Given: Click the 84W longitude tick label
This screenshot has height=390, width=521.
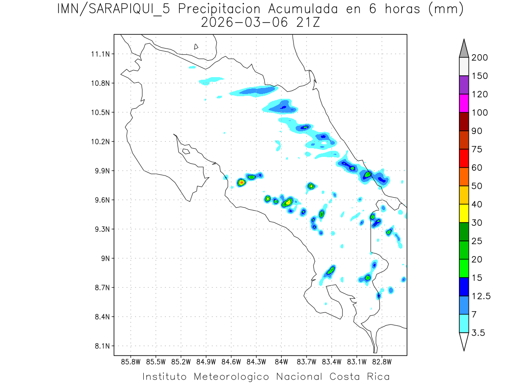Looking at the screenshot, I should click(281, 361).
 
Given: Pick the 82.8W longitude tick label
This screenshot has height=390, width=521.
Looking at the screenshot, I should click(382, 361).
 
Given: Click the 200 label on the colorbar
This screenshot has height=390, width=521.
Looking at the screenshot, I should click(480, 58).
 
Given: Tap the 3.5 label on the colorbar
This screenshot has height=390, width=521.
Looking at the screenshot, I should click(478, 333).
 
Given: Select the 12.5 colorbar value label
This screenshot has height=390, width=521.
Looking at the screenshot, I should click(481, 296).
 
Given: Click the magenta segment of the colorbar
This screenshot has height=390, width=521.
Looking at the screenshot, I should click(464, 104).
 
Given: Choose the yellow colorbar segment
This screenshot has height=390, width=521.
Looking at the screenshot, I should click(464, 213).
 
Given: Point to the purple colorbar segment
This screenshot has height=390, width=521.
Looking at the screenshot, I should click(464, 85).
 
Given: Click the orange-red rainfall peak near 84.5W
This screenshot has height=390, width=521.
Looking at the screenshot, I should click(241, 182).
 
